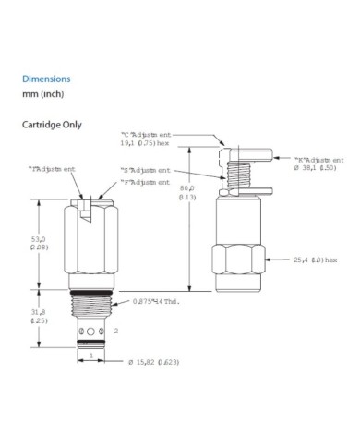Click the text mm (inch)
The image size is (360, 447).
(x=42, y=96)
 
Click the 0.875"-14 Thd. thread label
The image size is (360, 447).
(x=165, y=301)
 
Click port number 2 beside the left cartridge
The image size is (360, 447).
(x=116, y=330)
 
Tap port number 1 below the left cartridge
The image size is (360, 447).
(x=90, y=356)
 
